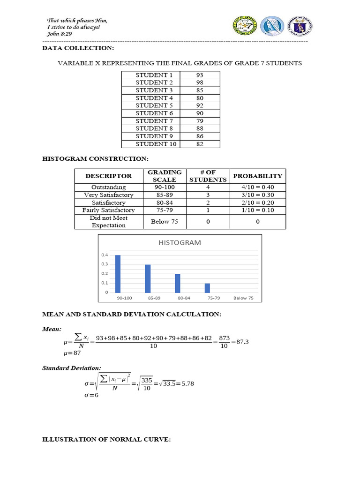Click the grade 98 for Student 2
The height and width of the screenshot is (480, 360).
200,82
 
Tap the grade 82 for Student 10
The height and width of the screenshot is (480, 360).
200,144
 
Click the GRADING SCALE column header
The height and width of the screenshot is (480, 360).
165,176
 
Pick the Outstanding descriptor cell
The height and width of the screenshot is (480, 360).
108,187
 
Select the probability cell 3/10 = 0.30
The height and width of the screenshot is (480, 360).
257,195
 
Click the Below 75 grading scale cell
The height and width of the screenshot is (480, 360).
165,222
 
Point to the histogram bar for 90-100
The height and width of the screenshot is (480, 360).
118,274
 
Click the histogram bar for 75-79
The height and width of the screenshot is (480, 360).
207,288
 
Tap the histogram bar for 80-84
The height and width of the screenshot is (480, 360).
178,283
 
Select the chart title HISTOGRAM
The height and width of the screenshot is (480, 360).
180,243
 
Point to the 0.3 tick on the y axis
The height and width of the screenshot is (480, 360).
104,264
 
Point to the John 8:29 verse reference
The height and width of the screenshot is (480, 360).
59,33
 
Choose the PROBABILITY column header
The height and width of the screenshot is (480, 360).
257,176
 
